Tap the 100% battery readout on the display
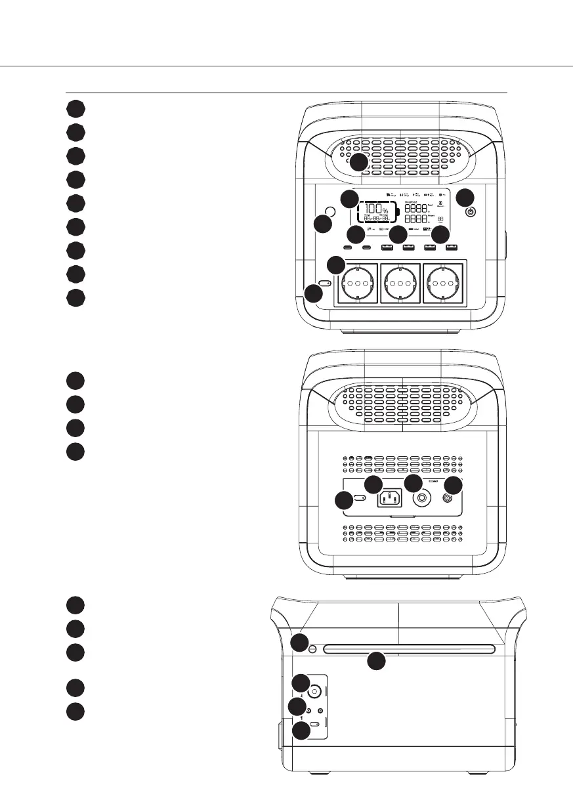point(373,211)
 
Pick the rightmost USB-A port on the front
point(451,248)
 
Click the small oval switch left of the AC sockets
point(324,284)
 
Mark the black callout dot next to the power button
point(464,197)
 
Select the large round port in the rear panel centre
point(420,497)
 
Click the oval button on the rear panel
point(360,499)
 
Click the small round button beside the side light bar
point(312,650)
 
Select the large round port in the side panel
point(314,691)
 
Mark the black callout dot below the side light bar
point(375,662)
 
